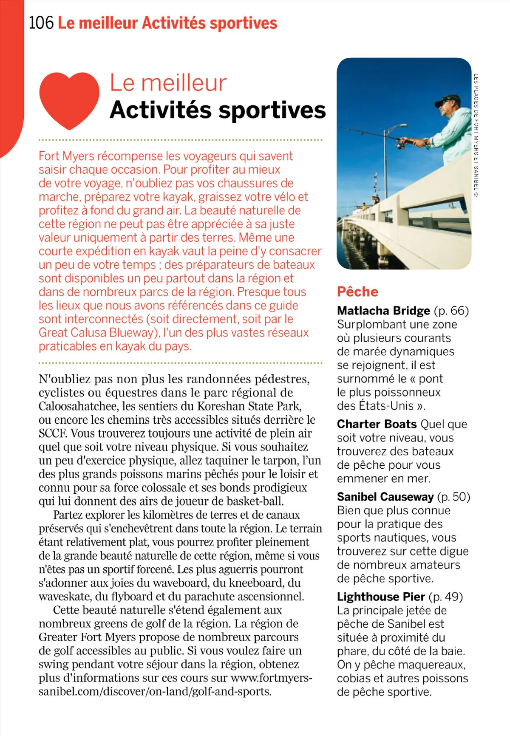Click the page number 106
[41, 23]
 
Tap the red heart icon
[69, 100]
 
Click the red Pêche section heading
[357, 292]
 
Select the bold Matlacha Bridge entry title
[383, 311]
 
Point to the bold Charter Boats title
[377, 424]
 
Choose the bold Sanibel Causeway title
[385, 497]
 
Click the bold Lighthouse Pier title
[381, 597]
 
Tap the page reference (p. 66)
[451, 311]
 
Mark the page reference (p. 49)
[446, 597]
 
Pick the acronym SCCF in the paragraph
[53, 433]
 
